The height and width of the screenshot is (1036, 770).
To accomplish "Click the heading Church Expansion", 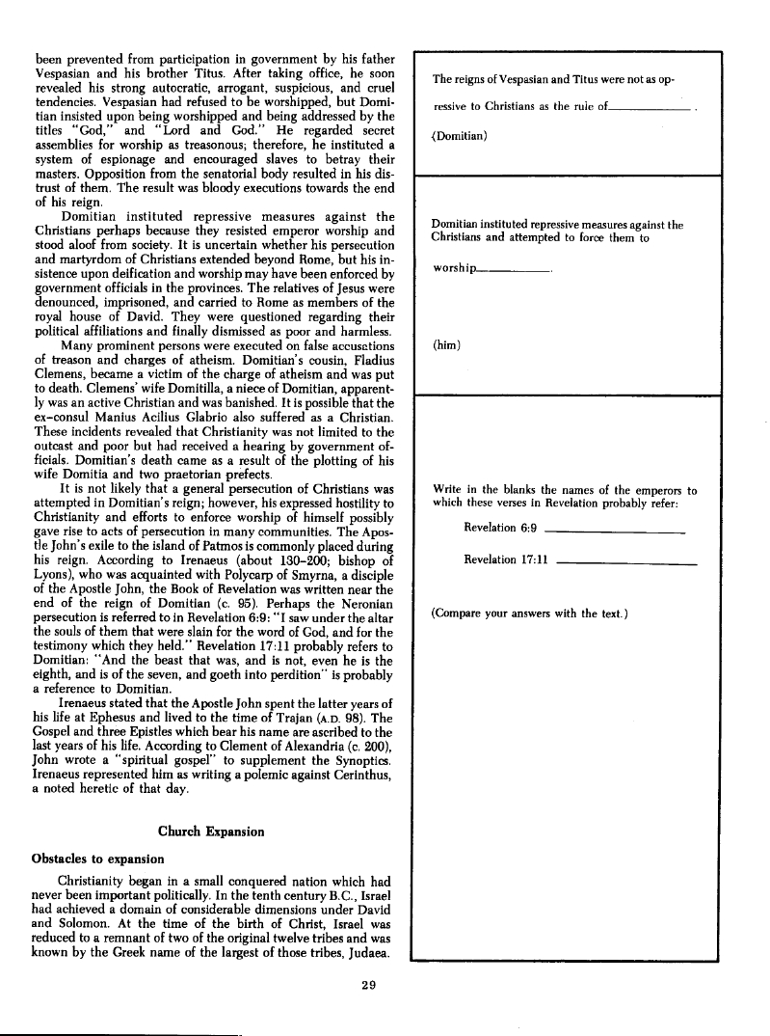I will pos(211,831).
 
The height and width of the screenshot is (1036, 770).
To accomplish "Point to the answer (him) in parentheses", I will pos(448,343).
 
